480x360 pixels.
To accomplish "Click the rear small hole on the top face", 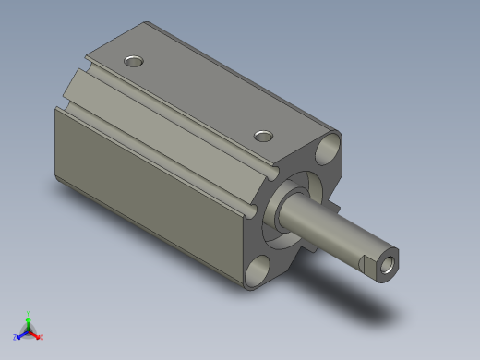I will pyautogui.click(x=135, y=62).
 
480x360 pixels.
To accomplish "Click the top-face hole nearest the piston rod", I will pyautogui.click(x=265, y=136).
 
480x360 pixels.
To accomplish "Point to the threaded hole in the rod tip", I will pyautogui.click(x=388, y=266).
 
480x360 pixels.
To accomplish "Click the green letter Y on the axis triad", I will pyautogui.click(x=29, y=314).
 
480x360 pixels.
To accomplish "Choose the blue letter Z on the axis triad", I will pyautogui.click(x=15, y=338).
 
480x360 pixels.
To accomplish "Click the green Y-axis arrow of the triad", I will pyautogui.click(x=29, y=322).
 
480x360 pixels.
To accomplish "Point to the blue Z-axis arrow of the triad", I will pyautogui.click(x=21, y=334).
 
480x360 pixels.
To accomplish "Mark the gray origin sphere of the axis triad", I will pyautogui.click(x=28, y=330).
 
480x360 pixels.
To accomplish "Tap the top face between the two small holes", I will pyautogui.click(x=198, y=97).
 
